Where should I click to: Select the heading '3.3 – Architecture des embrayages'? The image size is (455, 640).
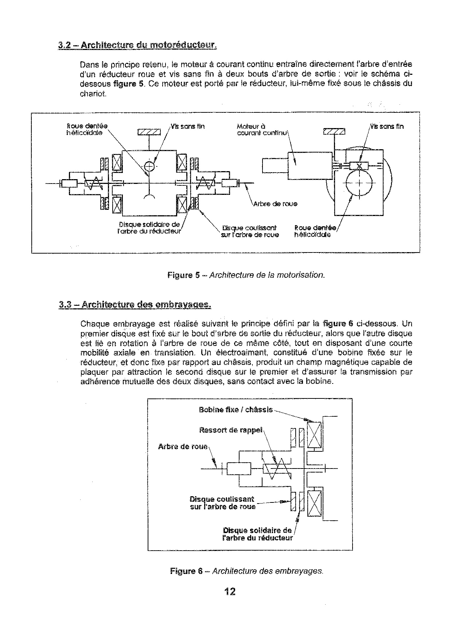point(135,304)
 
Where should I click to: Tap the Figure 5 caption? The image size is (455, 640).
point(246,275)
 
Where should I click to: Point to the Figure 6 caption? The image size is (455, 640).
point(246,571)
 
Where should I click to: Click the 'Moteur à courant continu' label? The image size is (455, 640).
point(261,130)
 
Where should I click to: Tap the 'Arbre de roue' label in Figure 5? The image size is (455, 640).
point(275,204)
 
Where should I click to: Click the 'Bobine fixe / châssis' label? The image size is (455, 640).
point(236,410)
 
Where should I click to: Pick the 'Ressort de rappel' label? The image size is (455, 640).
point(230,430)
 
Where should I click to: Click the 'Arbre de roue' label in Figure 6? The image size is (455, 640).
point(183,447)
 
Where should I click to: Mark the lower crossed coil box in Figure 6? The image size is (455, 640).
point(314,504)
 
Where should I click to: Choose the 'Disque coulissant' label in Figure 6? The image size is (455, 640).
point(222,503)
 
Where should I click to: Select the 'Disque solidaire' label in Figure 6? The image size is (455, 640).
point(257,534)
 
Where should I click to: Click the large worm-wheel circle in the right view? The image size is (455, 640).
point(360,184)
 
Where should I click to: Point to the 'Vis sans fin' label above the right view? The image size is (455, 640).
point(387,127)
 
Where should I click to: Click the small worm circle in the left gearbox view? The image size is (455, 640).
point(149,166)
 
